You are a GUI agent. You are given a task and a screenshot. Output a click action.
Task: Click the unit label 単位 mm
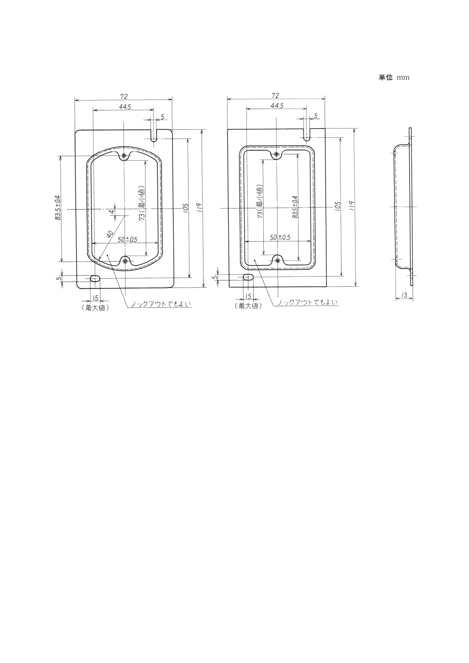pos(394,78)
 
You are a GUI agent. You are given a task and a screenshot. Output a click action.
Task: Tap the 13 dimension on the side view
pos(404,295)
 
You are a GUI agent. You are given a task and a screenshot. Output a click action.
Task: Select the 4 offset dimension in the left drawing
pos(113,212)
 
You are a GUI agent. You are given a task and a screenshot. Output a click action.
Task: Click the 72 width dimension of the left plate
pos(124,96)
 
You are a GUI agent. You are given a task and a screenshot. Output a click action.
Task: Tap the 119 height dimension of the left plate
pos(199,207)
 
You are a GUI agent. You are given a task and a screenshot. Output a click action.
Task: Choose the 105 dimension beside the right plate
pos(337,206)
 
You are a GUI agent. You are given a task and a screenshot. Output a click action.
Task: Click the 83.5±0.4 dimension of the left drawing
pos(58,208)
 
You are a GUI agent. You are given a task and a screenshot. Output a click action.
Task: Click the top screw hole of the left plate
pos(124,155)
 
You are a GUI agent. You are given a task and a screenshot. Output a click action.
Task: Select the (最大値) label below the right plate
pos(248,306)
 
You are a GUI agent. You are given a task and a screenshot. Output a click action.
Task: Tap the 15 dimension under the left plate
pos(95,298)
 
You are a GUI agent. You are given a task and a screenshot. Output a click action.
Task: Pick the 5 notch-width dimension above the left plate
pos(162,117)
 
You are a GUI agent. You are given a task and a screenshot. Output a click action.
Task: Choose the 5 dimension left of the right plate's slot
pos(215,277)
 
